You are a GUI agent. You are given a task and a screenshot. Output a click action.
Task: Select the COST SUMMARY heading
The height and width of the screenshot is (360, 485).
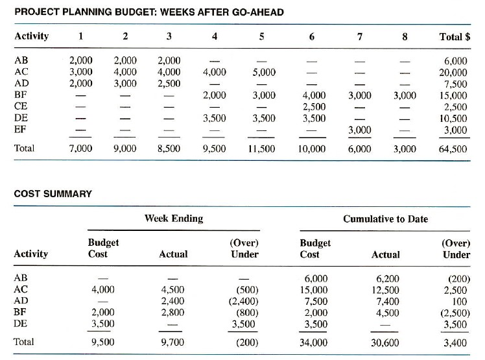click(53, 193)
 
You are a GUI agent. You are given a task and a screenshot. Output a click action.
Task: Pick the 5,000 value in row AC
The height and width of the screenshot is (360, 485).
click(264, 72)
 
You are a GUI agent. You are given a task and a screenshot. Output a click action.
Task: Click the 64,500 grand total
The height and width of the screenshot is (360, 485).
click(453, 149)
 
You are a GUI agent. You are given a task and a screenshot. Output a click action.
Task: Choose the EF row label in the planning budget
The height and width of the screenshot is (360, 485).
click(21, 130)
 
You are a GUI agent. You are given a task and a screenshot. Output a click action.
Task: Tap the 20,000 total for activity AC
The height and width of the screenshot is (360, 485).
click(453, 72)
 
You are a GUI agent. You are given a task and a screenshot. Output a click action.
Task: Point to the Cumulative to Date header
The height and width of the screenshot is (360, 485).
click(385, 219)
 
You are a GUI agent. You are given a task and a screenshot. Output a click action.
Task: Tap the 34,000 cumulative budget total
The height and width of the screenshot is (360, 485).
click(314, 342)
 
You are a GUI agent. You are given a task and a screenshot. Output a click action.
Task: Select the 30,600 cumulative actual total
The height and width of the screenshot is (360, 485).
click(384, 342)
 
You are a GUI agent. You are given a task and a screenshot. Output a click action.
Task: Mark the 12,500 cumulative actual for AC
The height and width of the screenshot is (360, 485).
click(384, 289)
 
